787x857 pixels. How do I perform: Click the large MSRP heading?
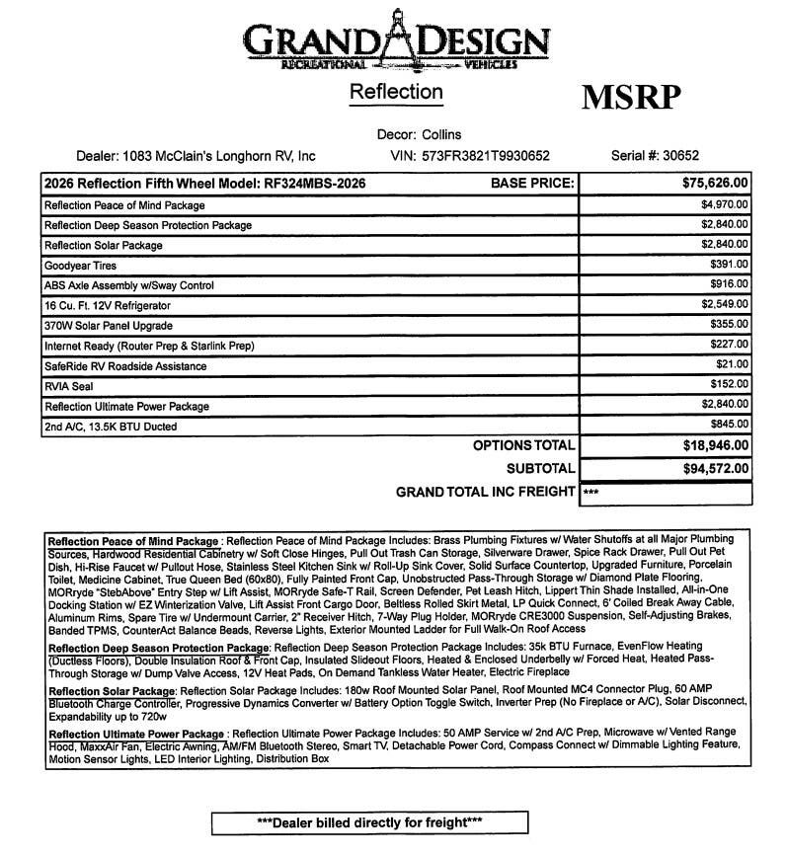click(630, 98)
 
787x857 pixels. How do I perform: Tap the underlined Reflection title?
click(396, 92)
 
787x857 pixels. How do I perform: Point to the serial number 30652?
click(680, 155)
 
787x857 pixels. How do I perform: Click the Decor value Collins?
click(440, 134)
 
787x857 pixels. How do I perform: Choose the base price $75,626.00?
click(715, 184)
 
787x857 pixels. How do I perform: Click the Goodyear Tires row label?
click(79, 265)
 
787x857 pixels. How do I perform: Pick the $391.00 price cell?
click(729, 265)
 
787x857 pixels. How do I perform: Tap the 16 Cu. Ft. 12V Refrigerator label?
click(109, 305)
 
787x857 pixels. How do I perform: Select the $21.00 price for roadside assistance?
click(733, 365)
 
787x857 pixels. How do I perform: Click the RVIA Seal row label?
click(70, 386)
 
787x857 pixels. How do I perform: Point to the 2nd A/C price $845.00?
click(729, 426)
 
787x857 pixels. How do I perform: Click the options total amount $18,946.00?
click(715, 445)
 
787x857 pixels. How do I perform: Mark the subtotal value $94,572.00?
click(715, 468)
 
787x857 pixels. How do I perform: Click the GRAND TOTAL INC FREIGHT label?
click(485, 492)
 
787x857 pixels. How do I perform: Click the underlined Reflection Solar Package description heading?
click(112, 690)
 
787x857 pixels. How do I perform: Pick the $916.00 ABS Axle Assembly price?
click(729, 285)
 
